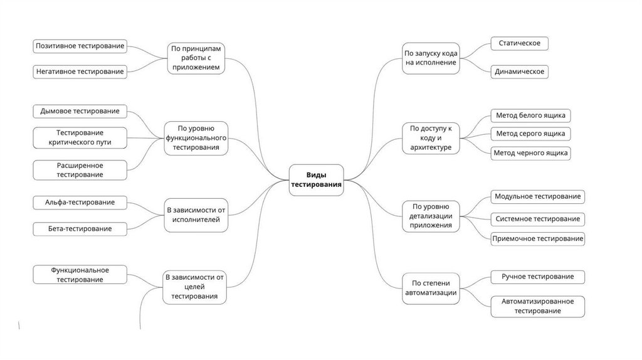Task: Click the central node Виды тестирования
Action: tap(316, 180)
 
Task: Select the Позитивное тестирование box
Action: tap(80, 46)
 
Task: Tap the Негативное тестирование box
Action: tap(80, 71)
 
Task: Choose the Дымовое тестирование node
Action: tap(80, 111)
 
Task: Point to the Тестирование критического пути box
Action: tap(80, 138)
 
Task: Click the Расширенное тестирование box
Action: tap(80, 170)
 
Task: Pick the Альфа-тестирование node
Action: tap(80, 202)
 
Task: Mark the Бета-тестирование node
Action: tap(80, 228)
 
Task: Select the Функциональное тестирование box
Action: tap(80, 275)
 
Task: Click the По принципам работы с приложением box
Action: tap(196, 58)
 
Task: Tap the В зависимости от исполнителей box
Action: tap(196, 214)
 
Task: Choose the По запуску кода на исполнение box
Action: tap(430, 58)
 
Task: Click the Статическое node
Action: tap(519, 43)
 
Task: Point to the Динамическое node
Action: tap(519, 71)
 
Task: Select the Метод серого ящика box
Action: tap(530, 134)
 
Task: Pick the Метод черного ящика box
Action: tap(530, 152)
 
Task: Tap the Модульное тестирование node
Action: tap(537, 196)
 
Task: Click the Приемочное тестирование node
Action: tap(537, 238)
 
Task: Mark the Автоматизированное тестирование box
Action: tap(537, 306)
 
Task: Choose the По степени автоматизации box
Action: tap(430, 288)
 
